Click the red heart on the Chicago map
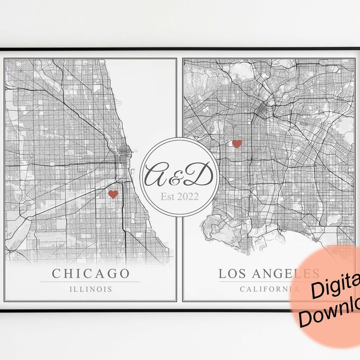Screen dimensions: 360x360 [x=112, y=194]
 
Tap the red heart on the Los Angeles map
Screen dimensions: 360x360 [x=236, y=143]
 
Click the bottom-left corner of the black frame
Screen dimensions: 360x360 [x=2, y=307]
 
